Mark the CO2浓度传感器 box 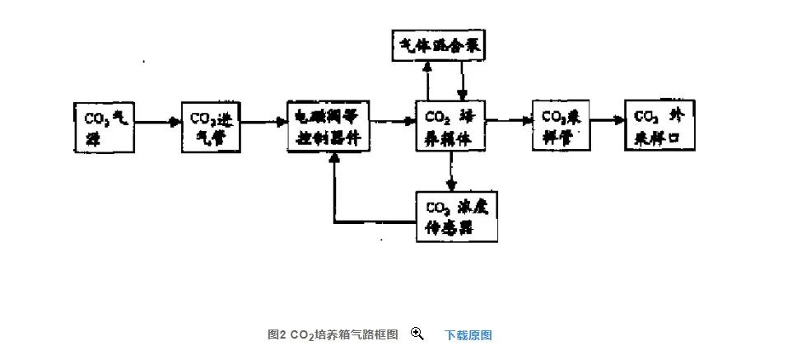click(457, 217)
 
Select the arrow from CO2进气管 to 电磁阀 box click(265, 122)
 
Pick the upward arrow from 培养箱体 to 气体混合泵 click(426, 82)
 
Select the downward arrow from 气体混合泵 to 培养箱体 click(463, 82)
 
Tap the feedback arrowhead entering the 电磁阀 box click(334, 158)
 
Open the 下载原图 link click(468, 334)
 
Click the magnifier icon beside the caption click(417, 334)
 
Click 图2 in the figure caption click(277, 334)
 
